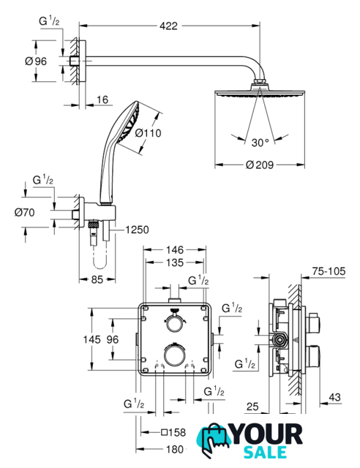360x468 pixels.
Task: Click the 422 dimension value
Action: [x=168, y=26]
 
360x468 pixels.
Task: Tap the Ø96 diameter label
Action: [x=36, y=61]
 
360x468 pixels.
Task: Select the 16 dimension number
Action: [x=102, y=99]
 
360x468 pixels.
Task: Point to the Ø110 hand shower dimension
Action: [x=149, y=133]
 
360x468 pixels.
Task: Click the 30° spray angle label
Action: [x=260, y=143]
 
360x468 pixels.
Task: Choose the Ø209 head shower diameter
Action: [x=260, y=165]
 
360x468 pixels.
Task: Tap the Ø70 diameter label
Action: [x=24, y=213]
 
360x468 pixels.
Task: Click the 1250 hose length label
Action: [x=137, y=230]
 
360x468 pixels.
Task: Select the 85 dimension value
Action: [x=97, y=279]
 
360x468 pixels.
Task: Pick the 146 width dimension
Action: [x=175, y=249]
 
